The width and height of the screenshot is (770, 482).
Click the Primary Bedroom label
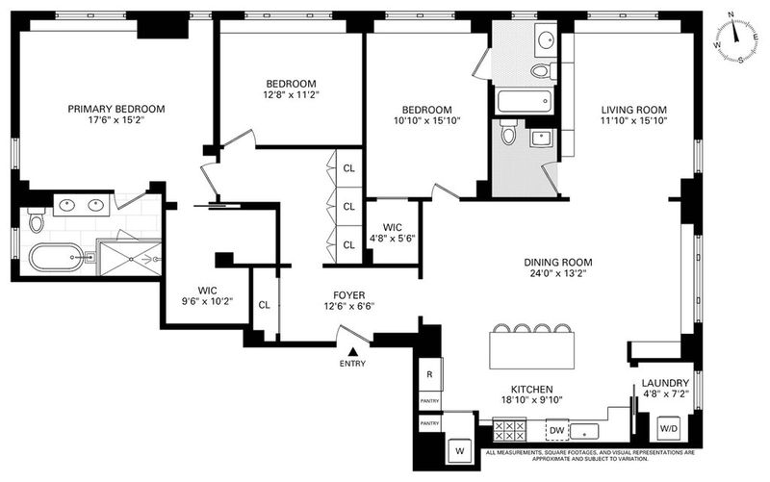pyautogui.click(x=116, y=109)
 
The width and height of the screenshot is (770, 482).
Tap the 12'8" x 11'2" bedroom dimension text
pyautogui.click(x=292, y=94)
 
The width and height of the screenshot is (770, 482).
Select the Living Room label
pyautogui.click(x=634, y=110)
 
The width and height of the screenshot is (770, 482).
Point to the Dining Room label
pyautogui.click(x=558, y=263)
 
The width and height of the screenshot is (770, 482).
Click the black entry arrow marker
pyautogui.click(x=352, y=351)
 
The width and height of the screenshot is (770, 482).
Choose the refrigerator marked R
pyautogui.click(x=430, y=374)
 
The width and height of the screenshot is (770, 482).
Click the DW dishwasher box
pyautogui.click(x=557, y=430)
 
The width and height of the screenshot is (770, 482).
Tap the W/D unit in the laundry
pyautogui.click(x=668, y=428)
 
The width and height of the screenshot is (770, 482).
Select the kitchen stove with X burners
pyautogui.click(x=509, y=430)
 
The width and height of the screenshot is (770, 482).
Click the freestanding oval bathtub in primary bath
pyautogui.click(x=55, y=257)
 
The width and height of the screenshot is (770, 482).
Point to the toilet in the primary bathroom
pyautogui.click(x=37, y=219)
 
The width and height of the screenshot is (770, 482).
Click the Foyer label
pyautogui.click(x=349, y=295)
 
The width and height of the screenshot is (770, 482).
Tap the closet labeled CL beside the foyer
pyautogui.click(x=264, y=305)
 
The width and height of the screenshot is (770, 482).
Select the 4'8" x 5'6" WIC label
pyautogui.click(x=393, y=233)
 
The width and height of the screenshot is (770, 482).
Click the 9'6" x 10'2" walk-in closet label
pyautogui.click(x=207, y=296)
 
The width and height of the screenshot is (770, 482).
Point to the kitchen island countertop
pyautogui.click(x=532, y=350)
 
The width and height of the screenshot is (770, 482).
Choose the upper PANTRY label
pyautogui.click(x=429, y=401)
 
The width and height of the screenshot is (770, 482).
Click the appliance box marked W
pyautogui.click(x=460, y=451)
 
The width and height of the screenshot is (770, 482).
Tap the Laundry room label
pyautogui.click(x=665, y=383)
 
